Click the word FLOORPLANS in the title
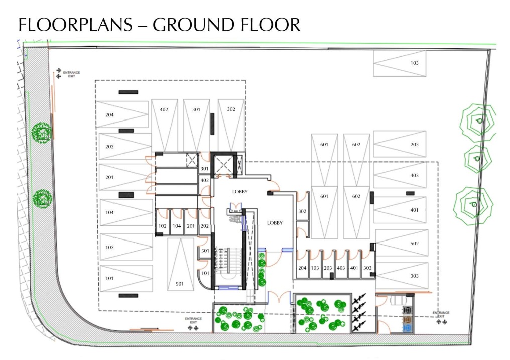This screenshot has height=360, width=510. (75, 25)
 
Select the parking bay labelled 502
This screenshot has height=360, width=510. (402, 243)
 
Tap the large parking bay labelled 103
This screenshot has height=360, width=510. (400, 63)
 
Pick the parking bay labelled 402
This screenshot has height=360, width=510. (164, 126)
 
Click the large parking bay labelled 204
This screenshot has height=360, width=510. (122, 114)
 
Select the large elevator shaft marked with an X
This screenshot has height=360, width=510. (223, 165)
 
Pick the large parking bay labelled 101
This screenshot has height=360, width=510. (126, 279)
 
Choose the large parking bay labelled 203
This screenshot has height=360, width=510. (400, 144)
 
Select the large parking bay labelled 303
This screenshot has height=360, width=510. (402, 276)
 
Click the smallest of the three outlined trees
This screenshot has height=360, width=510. (478, 159)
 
